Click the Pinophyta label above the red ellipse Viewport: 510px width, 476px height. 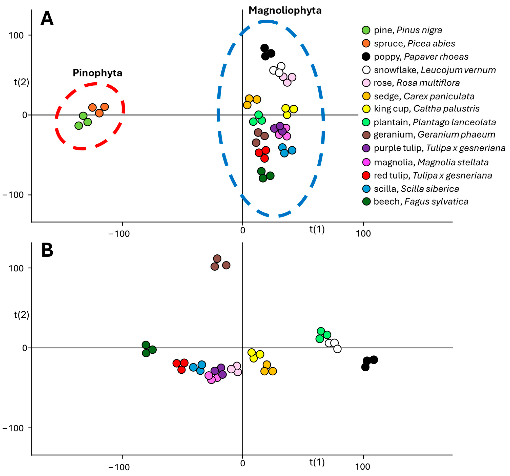click(x=98, y=73)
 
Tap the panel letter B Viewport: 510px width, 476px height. click(x=47, y=250)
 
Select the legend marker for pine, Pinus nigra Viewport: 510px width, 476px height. click(x=366, y=30)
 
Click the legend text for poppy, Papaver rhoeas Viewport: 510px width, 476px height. click(x=421, y=57)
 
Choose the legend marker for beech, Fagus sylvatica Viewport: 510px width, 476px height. click(x=366, y=201)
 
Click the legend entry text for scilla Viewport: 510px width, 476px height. click(x=416, y=189)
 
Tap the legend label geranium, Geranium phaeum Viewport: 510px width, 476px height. click(x=434, y=135)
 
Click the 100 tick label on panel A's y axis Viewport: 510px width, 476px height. click(x=16, y=35)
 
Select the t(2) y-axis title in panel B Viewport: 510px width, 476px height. click(x=22, y=315)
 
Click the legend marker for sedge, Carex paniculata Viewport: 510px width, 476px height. click(x=366, y=96)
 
